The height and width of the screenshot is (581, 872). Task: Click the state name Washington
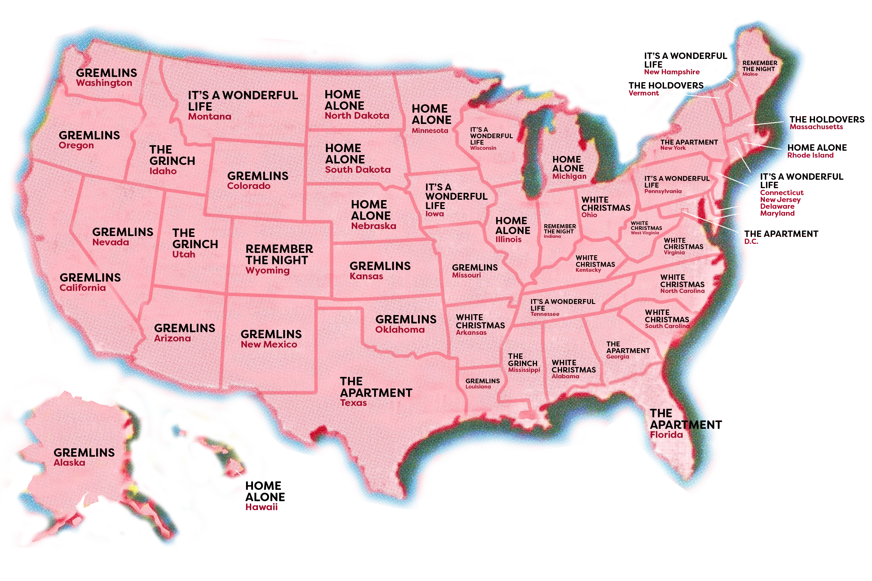[x=104, y=83]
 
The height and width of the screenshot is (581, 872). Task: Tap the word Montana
[x=209, y=117]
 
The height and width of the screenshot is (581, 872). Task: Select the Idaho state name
[x=163, y=171]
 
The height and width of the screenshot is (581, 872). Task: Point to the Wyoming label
[x=267, y=271]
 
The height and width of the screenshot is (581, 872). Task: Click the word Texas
[x=353, y=403]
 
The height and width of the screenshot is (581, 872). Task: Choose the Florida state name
[x=666, y=435]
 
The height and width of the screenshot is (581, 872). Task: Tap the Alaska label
[x=69, y=463]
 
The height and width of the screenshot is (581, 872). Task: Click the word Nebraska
[x=373, y=226]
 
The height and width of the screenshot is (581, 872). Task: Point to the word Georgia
[x=618, y=357]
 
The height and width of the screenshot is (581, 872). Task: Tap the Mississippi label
[x=524, y=370]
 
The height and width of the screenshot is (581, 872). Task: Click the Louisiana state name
[x=478, y=387]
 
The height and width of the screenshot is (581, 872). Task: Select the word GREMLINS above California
[x=90, y=278]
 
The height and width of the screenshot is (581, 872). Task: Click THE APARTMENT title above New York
[x=688, y=142]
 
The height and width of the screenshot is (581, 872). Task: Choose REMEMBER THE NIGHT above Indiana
[x=559, y=229]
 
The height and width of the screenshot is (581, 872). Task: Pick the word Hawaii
[x=261, y=507]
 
